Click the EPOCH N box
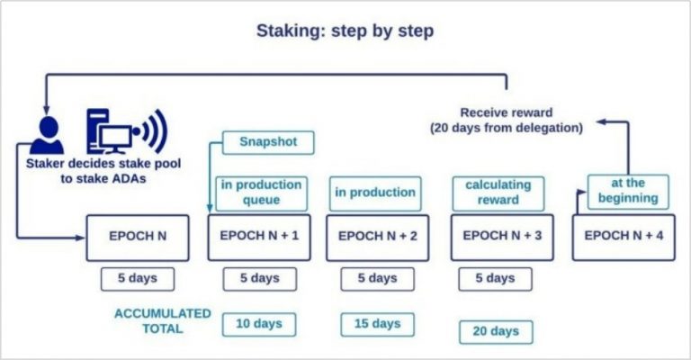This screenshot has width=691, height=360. [138, 238]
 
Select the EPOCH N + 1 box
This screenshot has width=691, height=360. [259, 238]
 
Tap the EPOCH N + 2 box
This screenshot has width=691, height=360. [377, 238]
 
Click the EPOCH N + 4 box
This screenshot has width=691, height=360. [624, 238]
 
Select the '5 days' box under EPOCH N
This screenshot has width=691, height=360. [137, 279]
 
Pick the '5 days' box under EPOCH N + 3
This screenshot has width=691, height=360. [495, 279]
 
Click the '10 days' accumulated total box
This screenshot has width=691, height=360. [258, 323]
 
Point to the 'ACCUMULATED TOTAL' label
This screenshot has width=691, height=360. [162, 321]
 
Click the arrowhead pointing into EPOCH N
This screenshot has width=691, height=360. [79, 238]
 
